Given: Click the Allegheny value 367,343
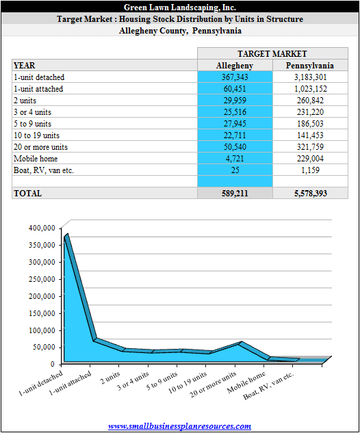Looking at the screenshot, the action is [235, 77].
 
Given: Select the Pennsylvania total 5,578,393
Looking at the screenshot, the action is [311, 194].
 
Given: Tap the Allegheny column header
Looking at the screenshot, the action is [235, 66].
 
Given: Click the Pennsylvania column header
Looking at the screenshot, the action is [310, 66].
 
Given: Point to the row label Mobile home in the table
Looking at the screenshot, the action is [36, 159].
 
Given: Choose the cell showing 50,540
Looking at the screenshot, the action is [235, 147].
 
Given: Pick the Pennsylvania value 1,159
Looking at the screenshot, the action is [310, 170].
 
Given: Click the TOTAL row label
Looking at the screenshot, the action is [27, 194].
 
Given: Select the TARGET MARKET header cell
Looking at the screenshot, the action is [272, 53].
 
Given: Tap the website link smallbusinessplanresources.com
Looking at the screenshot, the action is [179, 426].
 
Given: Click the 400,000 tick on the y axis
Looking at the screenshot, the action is [42, 228].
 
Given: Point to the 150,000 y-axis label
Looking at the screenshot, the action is [42, 313].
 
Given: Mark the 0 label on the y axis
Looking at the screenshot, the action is [53, 364].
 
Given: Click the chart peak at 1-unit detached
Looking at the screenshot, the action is [66, 235].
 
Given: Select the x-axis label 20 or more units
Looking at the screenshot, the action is [213, 384].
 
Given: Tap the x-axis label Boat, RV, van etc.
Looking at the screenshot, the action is [268, 386].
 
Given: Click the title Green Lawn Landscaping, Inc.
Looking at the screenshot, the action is [180, 7].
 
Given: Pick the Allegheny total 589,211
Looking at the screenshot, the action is [235, 194].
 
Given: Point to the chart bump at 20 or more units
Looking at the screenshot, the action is [240, 343].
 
